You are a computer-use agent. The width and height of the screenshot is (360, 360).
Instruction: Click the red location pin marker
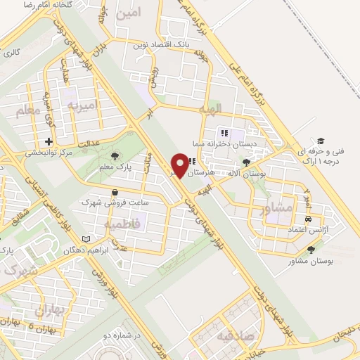point(181,165)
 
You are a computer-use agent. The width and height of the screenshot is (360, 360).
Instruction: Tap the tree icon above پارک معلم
point(115,156)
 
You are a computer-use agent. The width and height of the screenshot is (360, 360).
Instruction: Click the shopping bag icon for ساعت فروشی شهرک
point(115,191)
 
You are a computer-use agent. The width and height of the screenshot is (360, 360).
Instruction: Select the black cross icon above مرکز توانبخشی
point(48,141)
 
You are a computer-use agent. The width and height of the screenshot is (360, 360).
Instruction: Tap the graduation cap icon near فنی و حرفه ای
point(321,141)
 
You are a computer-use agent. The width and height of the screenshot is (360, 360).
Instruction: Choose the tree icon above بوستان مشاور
point(311,249)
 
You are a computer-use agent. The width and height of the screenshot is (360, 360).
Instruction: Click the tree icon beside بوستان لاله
point(246,161)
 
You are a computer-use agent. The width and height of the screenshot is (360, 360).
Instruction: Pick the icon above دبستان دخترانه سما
point(224,132)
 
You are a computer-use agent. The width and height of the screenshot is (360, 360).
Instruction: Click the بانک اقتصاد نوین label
point(162,45)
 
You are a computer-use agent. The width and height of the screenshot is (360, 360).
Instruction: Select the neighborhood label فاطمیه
point(123,223)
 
